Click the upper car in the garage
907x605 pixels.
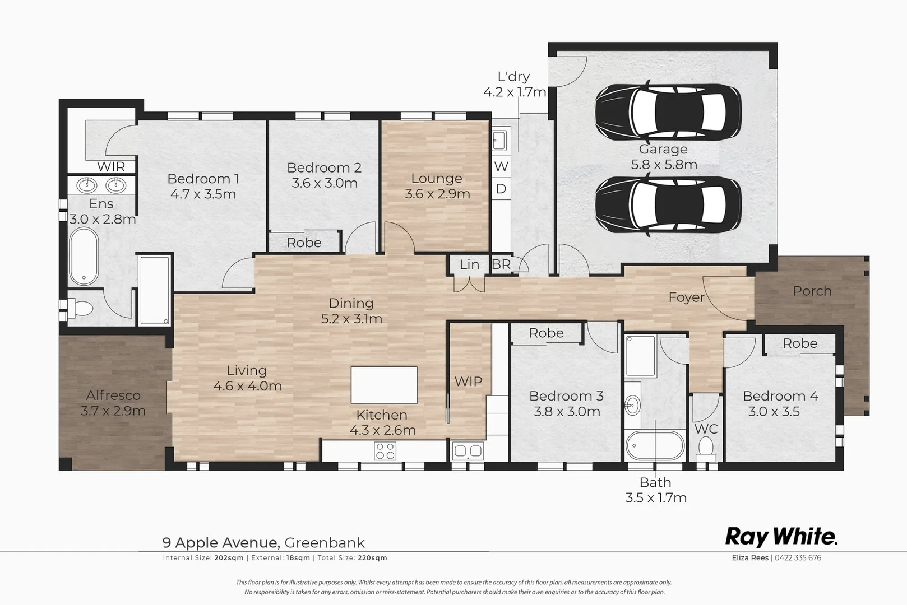pos(667,113)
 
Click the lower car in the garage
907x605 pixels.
pos(667,204)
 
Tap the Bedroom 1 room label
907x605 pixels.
pos(203,179)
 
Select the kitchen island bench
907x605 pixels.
pos(384,385)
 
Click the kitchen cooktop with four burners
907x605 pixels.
pos(385,451)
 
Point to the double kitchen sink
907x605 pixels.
pos(468,450)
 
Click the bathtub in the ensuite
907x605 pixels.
pos(84,257)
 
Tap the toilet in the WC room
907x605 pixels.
pos(705,449)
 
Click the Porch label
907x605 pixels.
pos(812,291)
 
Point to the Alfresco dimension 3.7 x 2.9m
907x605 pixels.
pos(113,411)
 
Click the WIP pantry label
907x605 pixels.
pos(468,381)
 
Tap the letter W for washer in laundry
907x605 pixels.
pos(501,166)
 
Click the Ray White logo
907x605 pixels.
pos(781,537)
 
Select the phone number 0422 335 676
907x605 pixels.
pos(798,558)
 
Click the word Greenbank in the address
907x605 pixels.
pos(325,543)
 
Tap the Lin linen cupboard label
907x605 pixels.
pos(469,264)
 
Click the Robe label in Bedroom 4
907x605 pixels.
pos(800,343)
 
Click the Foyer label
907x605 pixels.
pos(686,297)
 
